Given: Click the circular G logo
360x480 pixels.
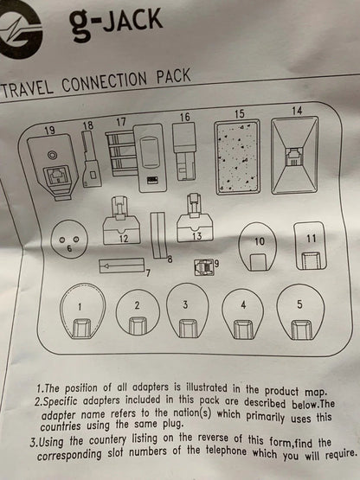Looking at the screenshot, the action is pyautogui.click(x=19, y=33).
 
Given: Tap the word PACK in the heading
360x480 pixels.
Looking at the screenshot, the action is pyautogui.click(x=174, y=76).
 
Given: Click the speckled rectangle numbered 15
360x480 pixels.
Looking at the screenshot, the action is pyautogui.click(x=238, y=157).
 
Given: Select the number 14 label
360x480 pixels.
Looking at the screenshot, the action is pyautogui.click(x=297, y=111).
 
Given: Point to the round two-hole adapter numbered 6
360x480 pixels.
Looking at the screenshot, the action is pyautogui.click(x=69, y=240).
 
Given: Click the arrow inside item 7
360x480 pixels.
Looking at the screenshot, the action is pyautogui.click(x=122, y=266).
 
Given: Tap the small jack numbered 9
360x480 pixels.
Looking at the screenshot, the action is pyautogui.click(x=204, y=267).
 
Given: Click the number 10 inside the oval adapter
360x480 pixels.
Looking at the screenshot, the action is pyautogui.click(x=260, y=241).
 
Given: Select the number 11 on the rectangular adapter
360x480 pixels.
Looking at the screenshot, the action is pyautogui.click(x=312, y=239).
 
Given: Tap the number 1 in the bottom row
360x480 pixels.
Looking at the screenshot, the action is pyautogui.click(x=80, y=307).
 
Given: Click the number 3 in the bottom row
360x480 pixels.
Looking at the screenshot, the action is pyautogui.click(x=185, y=304).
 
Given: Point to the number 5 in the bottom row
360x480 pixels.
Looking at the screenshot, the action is pyautogui.click(x=299, y=304).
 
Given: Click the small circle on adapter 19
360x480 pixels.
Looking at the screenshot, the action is pyautogui.click(x=52, y=155).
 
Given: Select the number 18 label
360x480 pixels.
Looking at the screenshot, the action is pyautogui.click(x=88, y=125).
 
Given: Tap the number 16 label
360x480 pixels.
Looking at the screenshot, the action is pyautogui.click(x=184, y=117).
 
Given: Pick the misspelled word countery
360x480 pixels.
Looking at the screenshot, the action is pyautogui.click(x=107, y=440).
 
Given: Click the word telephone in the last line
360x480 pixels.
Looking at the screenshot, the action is pyautogui.click(x=226, y=451).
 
